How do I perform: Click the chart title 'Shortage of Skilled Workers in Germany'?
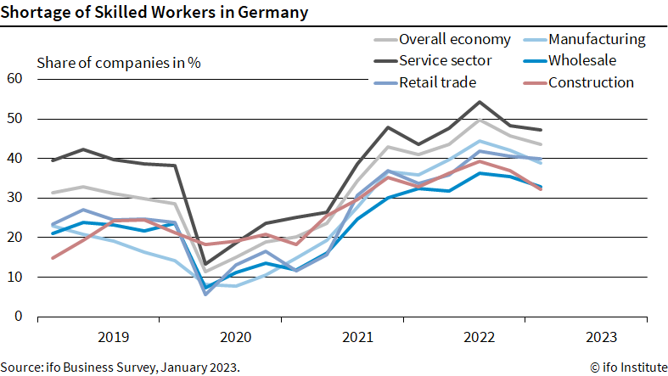coord(154,12)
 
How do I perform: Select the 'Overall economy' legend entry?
coord(454,39)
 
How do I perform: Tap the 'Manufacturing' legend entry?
coord(597,39)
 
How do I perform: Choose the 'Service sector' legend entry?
coord(448,60)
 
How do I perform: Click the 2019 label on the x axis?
coord(112,337)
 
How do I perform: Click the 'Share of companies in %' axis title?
coord(119,63)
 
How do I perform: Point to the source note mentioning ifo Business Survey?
coord(121,367)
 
